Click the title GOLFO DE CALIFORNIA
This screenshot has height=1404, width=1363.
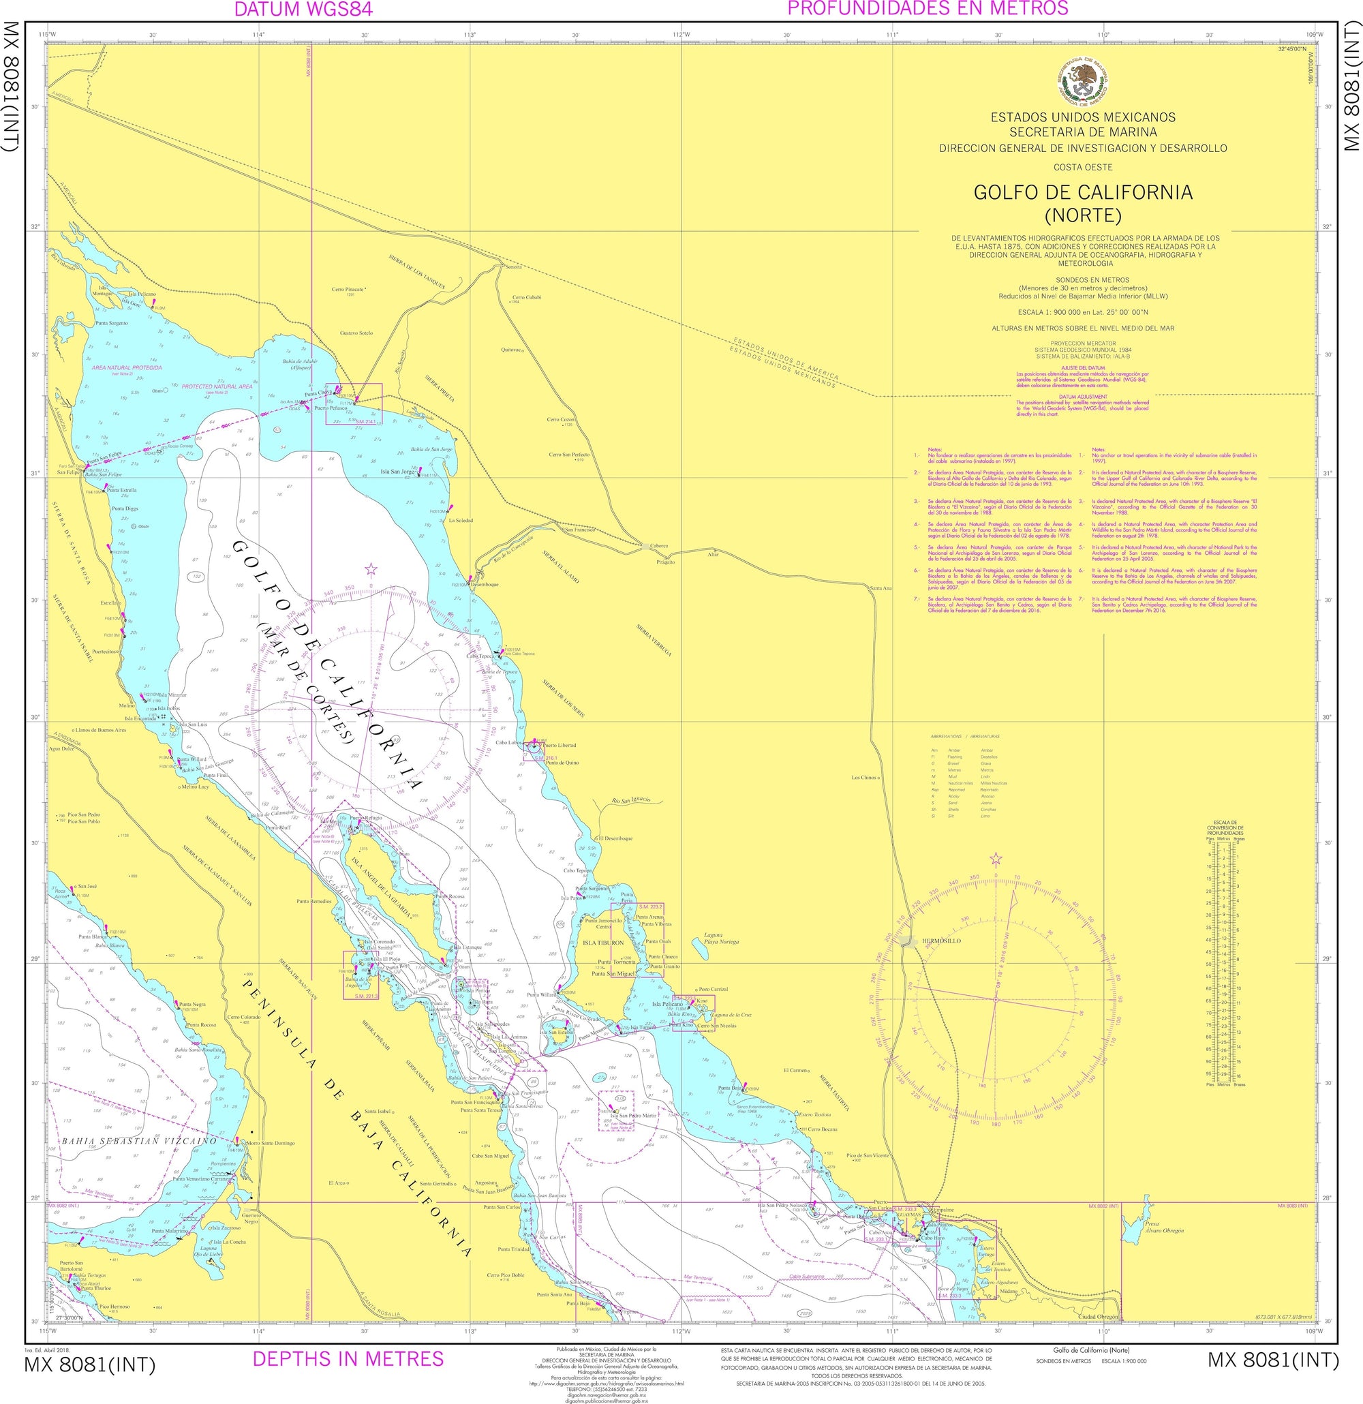[1082, 192]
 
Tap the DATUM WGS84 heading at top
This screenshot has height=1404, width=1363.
[304, 10]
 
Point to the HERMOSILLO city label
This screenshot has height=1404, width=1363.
[941, 941]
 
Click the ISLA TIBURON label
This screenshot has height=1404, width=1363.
[603, 943]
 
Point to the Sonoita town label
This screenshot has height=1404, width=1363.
[514, 267]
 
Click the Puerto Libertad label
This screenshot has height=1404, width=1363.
[560, 745]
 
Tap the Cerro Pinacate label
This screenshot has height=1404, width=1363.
[348, 290]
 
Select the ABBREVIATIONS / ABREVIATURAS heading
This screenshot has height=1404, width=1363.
[965, 736]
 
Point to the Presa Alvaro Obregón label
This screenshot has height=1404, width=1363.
[1164, 1227]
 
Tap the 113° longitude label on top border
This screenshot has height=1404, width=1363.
[470, 34]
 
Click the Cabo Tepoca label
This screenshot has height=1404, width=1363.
[481, 656]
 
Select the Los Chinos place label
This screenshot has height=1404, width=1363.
[863, 777]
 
